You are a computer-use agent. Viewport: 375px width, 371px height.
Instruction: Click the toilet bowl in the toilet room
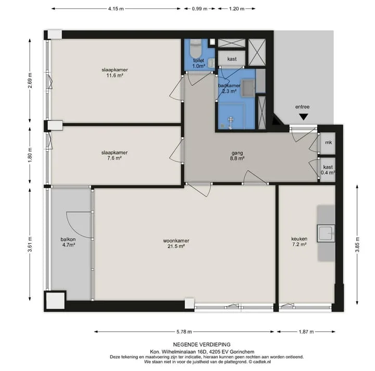click(196, 48)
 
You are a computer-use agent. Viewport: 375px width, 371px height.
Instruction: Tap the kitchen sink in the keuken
click(326, 233)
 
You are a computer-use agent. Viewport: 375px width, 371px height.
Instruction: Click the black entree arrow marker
click(304, 117)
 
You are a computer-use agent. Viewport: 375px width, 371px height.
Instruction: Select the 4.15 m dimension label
click(116, 9)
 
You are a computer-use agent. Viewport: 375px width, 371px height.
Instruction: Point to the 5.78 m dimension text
click(184, 332)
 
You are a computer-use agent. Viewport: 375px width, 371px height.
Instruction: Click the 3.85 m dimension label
click(357, 244)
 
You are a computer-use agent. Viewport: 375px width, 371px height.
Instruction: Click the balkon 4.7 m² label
click(68, 242)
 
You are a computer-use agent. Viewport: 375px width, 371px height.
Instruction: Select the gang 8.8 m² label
click(237, 155)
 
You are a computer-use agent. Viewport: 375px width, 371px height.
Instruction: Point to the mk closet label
click(328, 142)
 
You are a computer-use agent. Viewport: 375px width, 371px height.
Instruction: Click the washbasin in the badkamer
click(248, 88)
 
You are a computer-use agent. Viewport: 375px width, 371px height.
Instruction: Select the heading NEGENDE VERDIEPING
click(202, 344)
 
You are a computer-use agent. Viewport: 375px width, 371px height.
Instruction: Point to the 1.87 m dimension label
click(306, 332)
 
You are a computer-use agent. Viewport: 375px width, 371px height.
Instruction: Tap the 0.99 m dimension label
click(199, 9)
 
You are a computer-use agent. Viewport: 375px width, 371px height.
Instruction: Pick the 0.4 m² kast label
click(328, 169)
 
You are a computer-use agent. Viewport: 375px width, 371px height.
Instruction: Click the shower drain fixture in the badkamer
click(231, 122)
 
